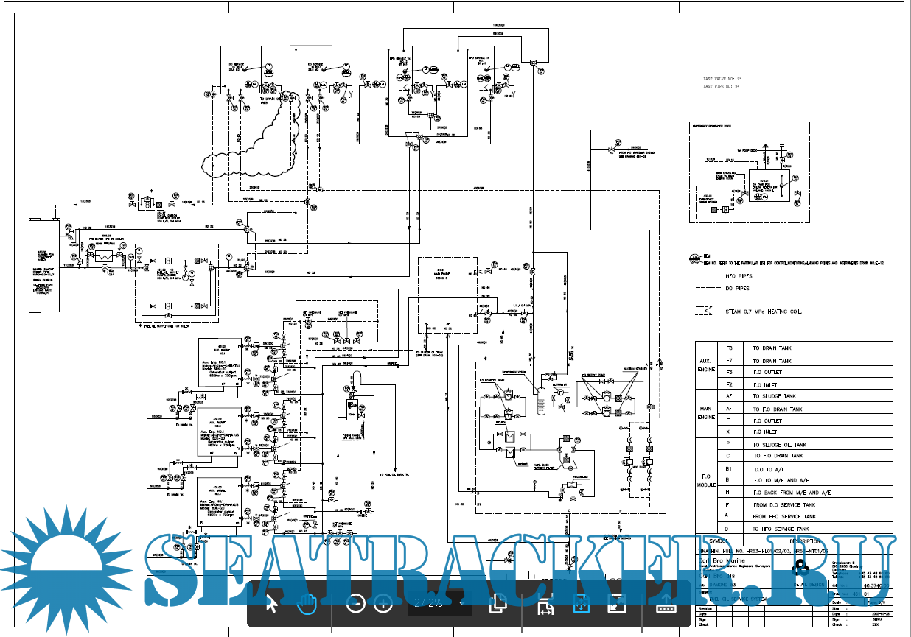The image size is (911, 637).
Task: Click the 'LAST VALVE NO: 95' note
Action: tap(722, 78)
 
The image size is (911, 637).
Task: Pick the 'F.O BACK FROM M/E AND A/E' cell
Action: tap(792, 493)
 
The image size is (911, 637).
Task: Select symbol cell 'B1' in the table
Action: tap(729, 468)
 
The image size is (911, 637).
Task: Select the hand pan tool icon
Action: tap(306, 604)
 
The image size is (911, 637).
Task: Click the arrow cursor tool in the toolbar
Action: tap(270, 604)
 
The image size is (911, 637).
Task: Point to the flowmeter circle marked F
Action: tap(560, 395)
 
